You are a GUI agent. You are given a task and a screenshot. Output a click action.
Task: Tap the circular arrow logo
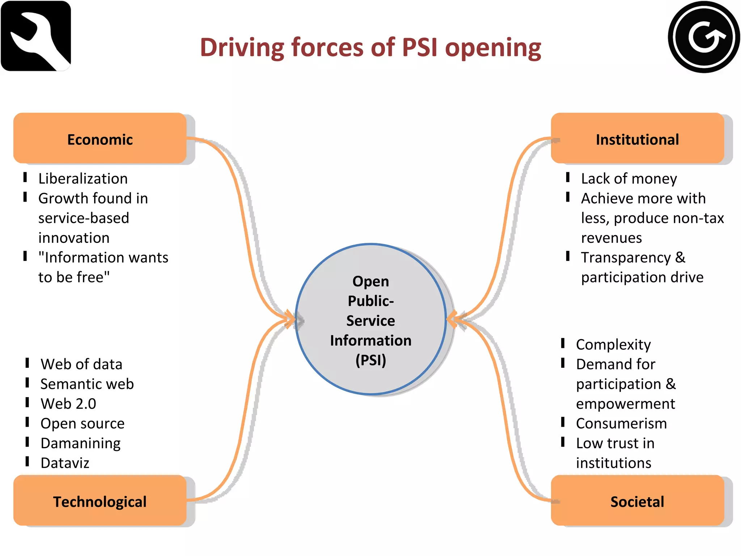(x=703, y=37)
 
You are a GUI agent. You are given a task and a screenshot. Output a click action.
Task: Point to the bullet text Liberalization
(x=83, y=179)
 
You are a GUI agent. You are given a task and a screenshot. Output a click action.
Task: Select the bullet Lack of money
(x=629, y=179)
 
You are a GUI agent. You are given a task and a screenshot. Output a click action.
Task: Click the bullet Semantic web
(x=87, y=384)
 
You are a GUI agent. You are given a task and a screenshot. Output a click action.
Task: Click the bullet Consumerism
(x=621, y=424)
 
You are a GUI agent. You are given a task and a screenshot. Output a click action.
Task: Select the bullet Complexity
(x=613, y=345)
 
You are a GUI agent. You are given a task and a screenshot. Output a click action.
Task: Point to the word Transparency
(x=626, y=258)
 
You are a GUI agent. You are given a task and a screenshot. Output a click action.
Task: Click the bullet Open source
(x=82, y=424)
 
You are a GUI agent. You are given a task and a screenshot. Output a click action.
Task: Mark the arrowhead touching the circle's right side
(x=452, y=319)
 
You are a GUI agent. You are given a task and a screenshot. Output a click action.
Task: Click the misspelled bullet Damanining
(x=80, y=443)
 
